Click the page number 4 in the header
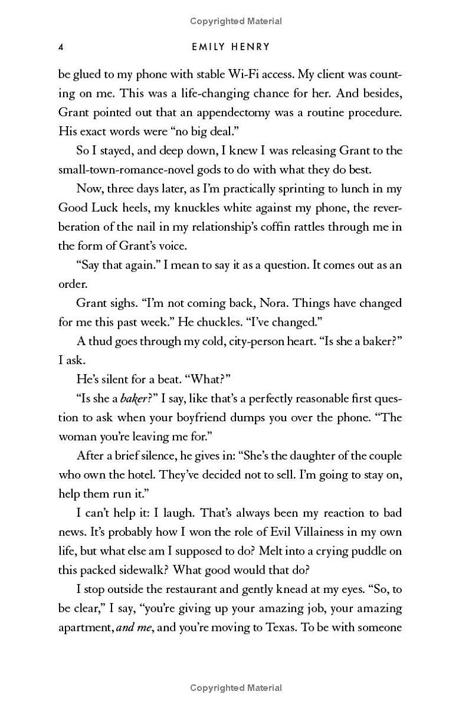click(61, 47)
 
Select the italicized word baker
click(132, 398)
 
